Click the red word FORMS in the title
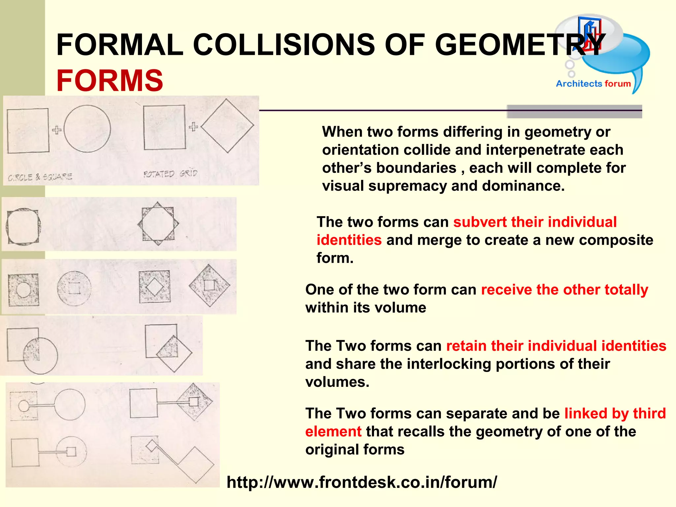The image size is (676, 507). (x=110, y=81)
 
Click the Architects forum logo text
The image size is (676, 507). (x=593, y=84)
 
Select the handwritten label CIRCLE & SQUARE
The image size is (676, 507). (x=40, y=177)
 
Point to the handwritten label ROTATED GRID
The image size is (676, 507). (x=170, y=174)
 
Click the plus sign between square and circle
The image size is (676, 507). (x=57, y=130)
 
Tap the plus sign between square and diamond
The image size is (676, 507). (x=193, y=126)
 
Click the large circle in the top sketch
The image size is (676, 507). (x=87, y=129)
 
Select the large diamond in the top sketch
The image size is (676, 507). (x=227, y=126)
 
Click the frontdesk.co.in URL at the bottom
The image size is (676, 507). (x=361, y=482)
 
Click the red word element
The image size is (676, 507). (x=333, y=432)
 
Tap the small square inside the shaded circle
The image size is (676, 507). (x=74, y=288)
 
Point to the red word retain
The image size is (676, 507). (x=466, y=346)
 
